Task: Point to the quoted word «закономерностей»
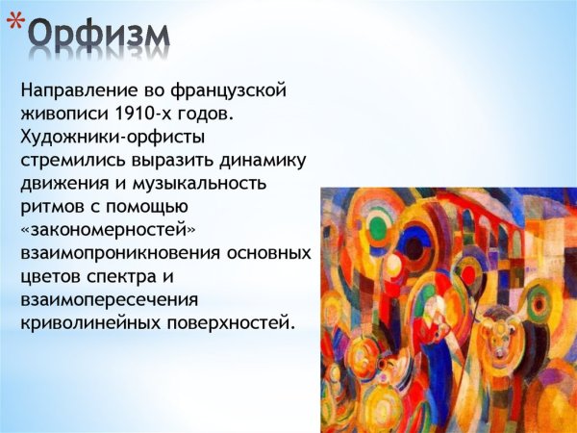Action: pos(103,229)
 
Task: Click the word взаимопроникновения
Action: pos(116,252)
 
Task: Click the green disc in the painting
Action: pos(378,228)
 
